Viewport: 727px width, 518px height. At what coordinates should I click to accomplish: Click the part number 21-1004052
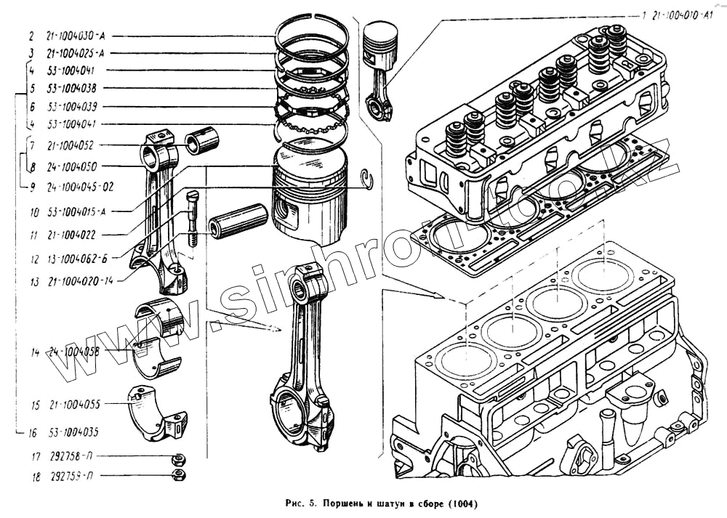point(76,146)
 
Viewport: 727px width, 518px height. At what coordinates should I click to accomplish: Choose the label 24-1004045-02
point(80,187)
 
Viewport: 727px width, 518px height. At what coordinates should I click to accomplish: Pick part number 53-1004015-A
point(78,214)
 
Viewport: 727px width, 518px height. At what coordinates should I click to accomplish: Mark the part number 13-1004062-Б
point(79,259)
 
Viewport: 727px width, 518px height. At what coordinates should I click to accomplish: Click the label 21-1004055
point(76,404)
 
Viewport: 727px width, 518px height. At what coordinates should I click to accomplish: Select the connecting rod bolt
point(191,216)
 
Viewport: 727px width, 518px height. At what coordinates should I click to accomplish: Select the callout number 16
point(32,433)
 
